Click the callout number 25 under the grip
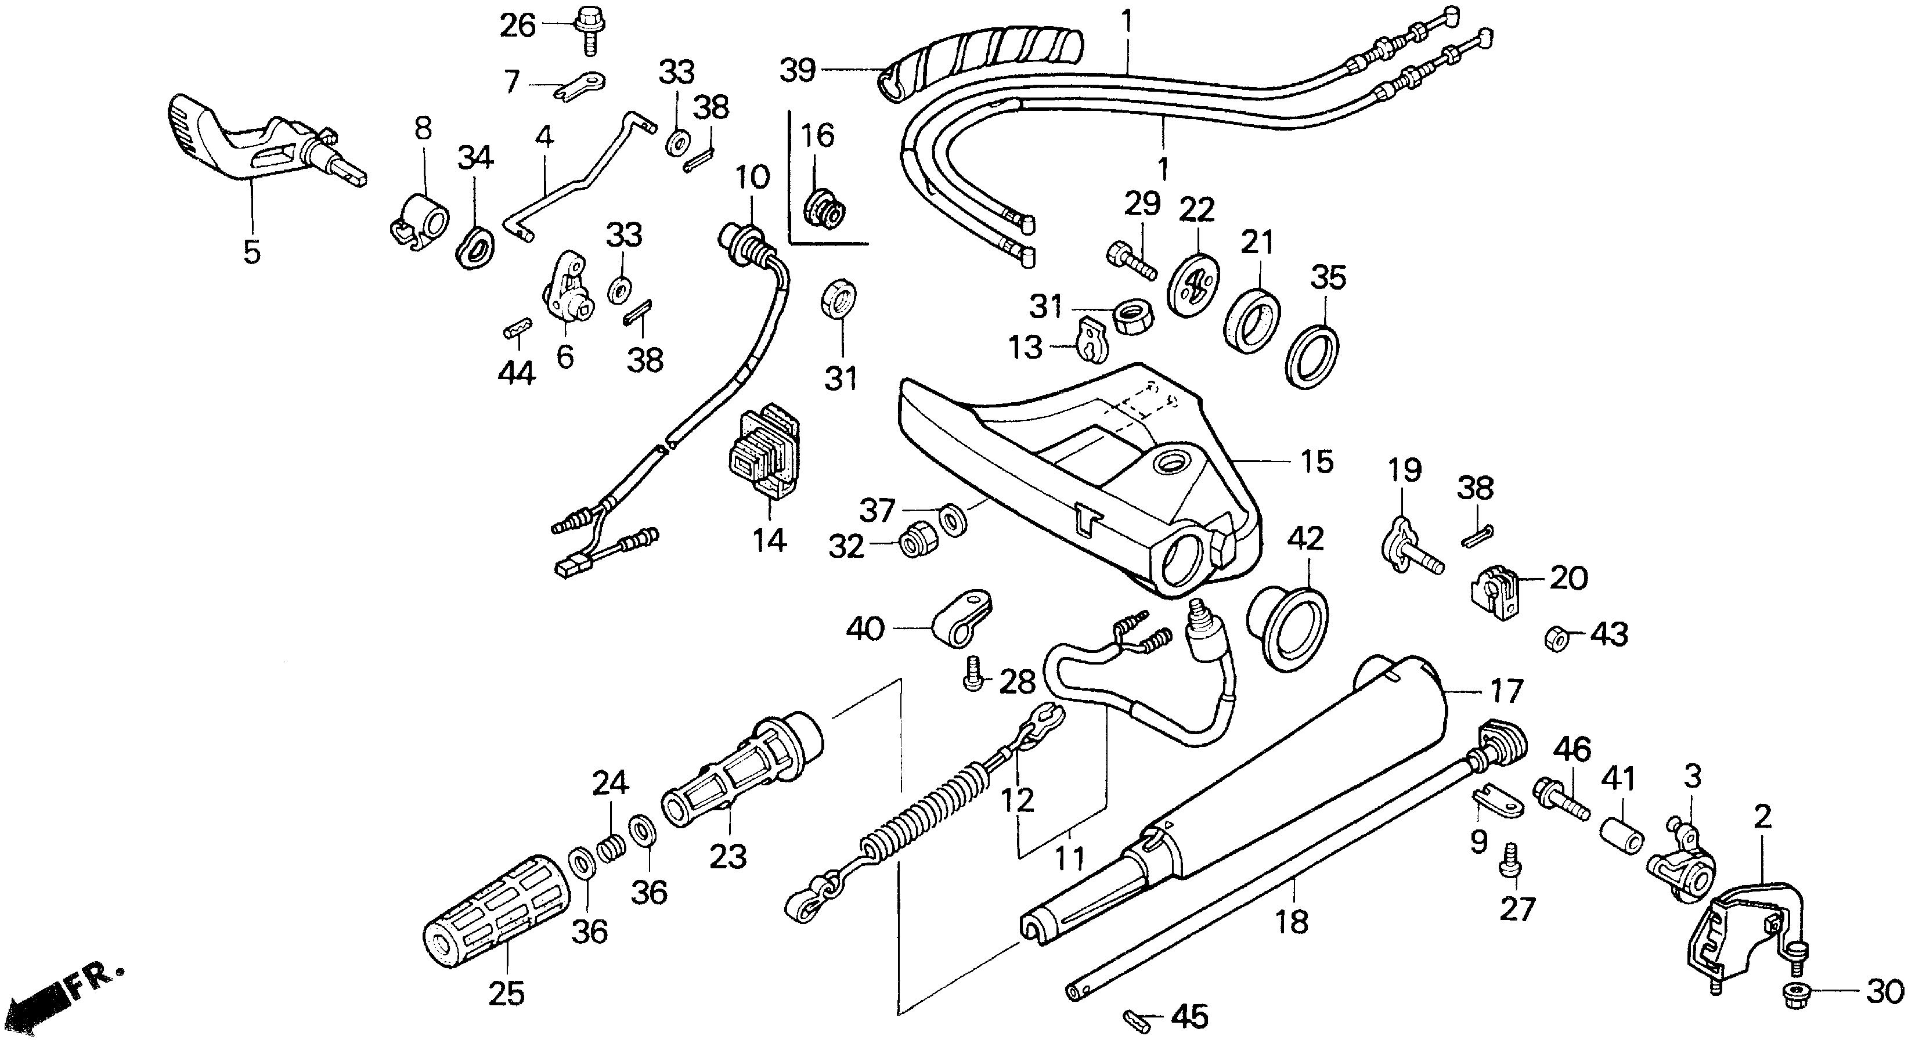click(507, 993)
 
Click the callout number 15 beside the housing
click(1317, 461)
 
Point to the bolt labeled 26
click(588, 27)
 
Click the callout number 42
click(1304, 539)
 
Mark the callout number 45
click(1189, 1016)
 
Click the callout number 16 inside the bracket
click(818, 136)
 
